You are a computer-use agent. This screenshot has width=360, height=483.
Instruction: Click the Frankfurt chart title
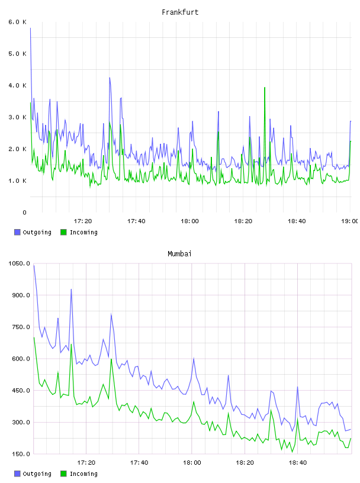click(180, 12)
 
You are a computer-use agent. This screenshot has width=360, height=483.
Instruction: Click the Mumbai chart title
click(179, 254)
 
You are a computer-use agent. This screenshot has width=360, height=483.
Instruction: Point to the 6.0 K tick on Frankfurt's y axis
click(18, 22)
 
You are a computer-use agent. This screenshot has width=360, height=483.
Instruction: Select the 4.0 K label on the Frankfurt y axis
click(18, 85)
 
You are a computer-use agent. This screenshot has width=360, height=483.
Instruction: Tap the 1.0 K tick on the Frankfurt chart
click(18, 181)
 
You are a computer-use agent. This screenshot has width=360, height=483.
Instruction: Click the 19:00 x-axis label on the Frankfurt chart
click(349, 221)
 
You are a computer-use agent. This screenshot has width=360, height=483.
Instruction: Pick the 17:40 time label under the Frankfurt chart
click(136, 221)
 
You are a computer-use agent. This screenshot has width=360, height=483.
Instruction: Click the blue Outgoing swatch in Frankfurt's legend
click(17, 232)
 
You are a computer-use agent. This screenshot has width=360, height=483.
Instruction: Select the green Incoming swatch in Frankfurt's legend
click(63, 232)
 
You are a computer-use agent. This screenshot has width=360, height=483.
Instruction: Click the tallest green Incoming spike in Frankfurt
click(265, 88)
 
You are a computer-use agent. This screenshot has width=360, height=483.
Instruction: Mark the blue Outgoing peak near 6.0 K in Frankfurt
click(30, 28)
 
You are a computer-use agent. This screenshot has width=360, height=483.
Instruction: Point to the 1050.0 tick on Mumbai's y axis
click(20, 263)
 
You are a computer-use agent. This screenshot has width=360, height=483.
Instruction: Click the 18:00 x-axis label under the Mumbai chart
click(192, 462)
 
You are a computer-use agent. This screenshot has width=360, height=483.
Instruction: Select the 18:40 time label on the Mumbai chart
click(298, 462)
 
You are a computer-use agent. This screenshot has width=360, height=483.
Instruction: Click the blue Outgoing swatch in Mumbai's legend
click(17, 474)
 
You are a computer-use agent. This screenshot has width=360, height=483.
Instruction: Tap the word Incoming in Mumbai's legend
click(83, 474)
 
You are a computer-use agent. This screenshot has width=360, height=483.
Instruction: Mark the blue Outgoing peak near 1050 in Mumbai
click(34, 265)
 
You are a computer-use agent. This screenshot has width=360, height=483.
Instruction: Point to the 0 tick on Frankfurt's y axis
click(25, 212)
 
